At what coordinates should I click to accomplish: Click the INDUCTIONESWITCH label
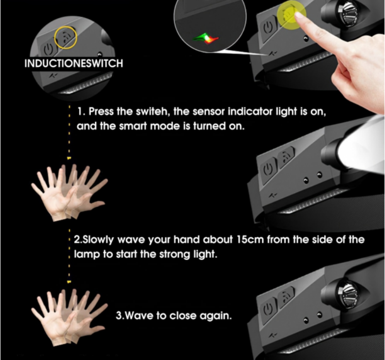tap(74, 63)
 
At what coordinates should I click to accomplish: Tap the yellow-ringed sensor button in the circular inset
tap(66, 38)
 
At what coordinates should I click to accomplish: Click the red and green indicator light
tap(206, 39)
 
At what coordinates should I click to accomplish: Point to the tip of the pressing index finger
tap(298, 15)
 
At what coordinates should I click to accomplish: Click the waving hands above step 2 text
tap(69, 193)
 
